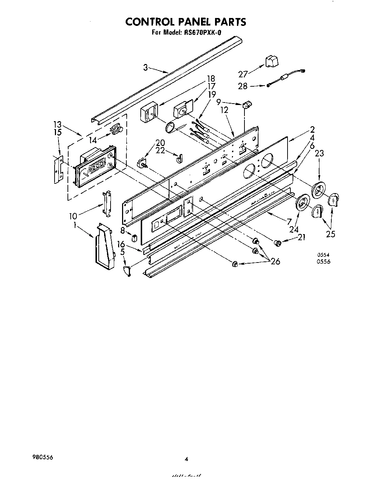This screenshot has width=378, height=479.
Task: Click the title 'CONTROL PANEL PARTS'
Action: pos(186,22)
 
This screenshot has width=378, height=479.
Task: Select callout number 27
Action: pos(243,74)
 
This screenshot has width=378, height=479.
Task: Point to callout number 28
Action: pos(243,86)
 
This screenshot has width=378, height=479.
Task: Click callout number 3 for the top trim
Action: pos(145,67)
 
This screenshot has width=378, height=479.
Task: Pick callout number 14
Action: pos(93,140)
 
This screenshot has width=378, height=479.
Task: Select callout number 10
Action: pos(73,216)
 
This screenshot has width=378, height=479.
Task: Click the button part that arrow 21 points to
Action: pos(277,243)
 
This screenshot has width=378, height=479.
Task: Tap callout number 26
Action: pos(275,261)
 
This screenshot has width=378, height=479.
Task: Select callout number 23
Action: pos(319,153)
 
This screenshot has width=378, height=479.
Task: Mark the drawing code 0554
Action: pos(323,255)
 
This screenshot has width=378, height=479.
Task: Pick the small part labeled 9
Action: pos(247,105)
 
